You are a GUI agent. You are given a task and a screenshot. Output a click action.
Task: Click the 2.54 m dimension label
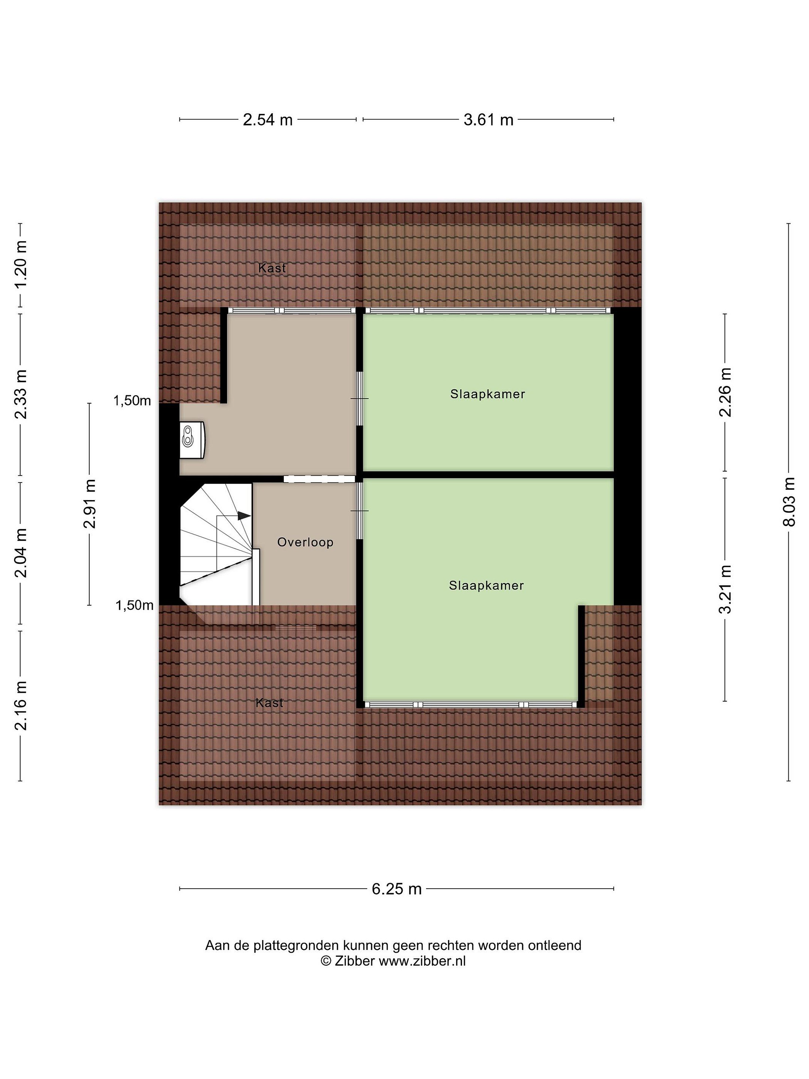coord(268,120)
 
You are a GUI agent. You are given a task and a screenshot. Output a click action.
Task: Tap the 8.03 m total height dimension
coord(788,502)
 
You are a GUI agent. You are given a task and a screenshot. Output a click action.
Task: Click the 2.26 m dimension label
coord(725,393)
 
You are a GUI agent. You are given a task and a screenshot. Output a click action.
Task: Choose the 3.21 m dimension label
coord(725,589)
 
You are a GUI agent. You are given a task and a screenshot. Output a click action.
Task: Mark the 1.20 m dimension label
coord(21,265)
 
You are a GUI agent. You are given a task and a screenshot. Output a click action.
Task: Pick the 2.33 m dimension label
coord(21,394)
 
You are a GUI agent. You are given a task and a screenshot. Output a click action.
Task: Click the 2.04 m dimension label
coord(21,553)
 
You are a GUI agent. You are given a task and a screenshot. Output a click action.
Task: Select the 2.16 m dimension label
coord(21,705)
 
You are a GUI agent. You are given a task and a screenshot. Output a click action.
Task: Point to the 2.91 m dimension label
coord(89,504)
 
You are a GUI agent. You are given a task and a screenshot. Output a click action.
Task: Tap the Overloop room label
coord(305,542)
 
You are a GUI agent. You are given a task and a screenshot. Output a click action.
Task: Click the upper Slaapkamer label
coord(488,394)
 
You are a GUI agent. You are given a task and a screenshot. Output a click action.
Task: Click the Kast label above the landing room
coord(272,268)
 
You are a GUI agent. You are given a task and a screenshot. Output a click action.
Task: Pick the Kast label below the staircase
coord(270,702)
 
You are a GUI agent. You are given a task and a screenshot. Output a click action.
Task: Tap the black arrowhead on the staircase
coord(244,516)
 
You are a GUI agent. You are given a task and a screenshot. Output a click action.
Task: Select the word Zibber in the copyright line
coord(355,961)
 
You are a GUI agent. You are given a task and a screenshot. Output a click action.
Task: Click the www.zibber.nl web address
coord(422,961)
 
